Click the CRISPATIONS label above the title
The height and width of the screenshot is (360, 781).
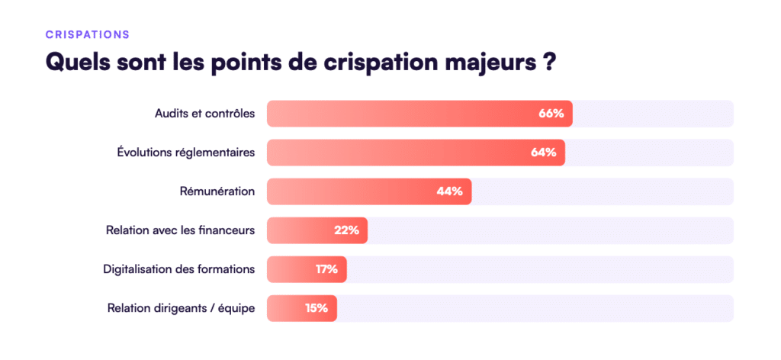pos(87,34)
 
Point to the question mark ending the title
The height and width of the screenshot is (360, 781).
pos(549,62)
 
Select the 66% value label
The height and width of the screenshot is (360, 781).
pos(551,114)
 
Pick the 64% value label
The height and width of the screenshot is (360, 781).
pos(543,153)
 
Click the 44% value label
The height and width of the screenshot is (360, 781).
pos(450,191)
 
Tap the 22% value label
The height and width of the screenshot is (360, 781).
pos(346,230)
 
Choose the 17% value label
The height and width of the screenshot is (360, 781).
pos(326,269)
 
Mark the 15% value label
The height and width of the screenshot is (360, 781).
pos(316,308)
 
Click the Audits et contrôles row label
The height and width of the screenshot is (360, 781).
pos(204,114)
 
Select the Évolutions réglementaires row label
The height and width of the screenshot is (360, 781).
pos(186,153)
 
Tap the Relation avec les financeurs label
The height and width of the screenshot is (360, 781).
pos(181,230)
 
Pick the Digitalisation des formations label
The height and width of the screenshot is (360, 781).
pos(179,269)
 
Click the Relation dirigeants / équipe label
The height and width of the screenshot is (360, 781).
pos(182,308)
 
